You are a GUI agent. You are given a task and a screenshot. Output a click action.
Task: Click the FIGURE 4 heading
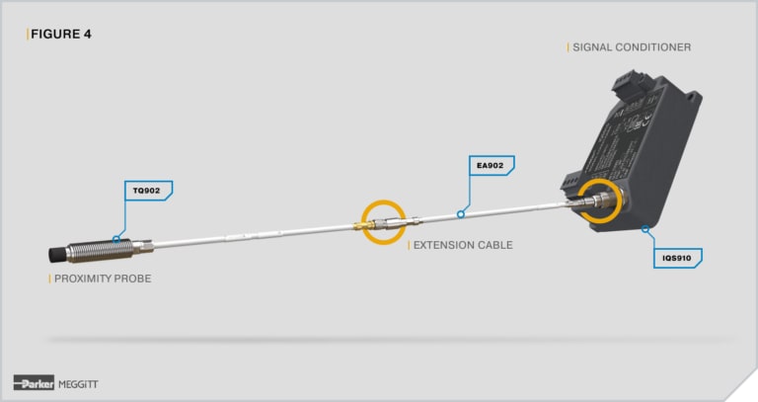coord(60,34)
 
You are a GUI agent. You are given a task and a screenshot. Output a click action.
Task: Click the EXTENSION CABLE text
coord(462,245)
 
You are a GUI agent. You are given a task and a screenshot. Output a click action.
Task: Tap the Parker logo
coord(34,383)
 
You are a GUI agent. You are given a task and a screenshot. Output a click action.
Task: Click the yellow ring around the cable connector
coord(383,222)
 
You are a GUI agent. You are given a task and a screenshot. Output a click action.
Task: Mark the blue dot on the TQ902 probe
coord(117,237)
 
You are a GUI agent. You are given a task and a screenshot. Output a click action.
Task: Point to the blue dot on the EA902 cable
coord(459,212)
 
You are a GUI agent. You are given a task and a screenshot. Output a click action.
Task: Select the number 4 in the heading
coord(88,34)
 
